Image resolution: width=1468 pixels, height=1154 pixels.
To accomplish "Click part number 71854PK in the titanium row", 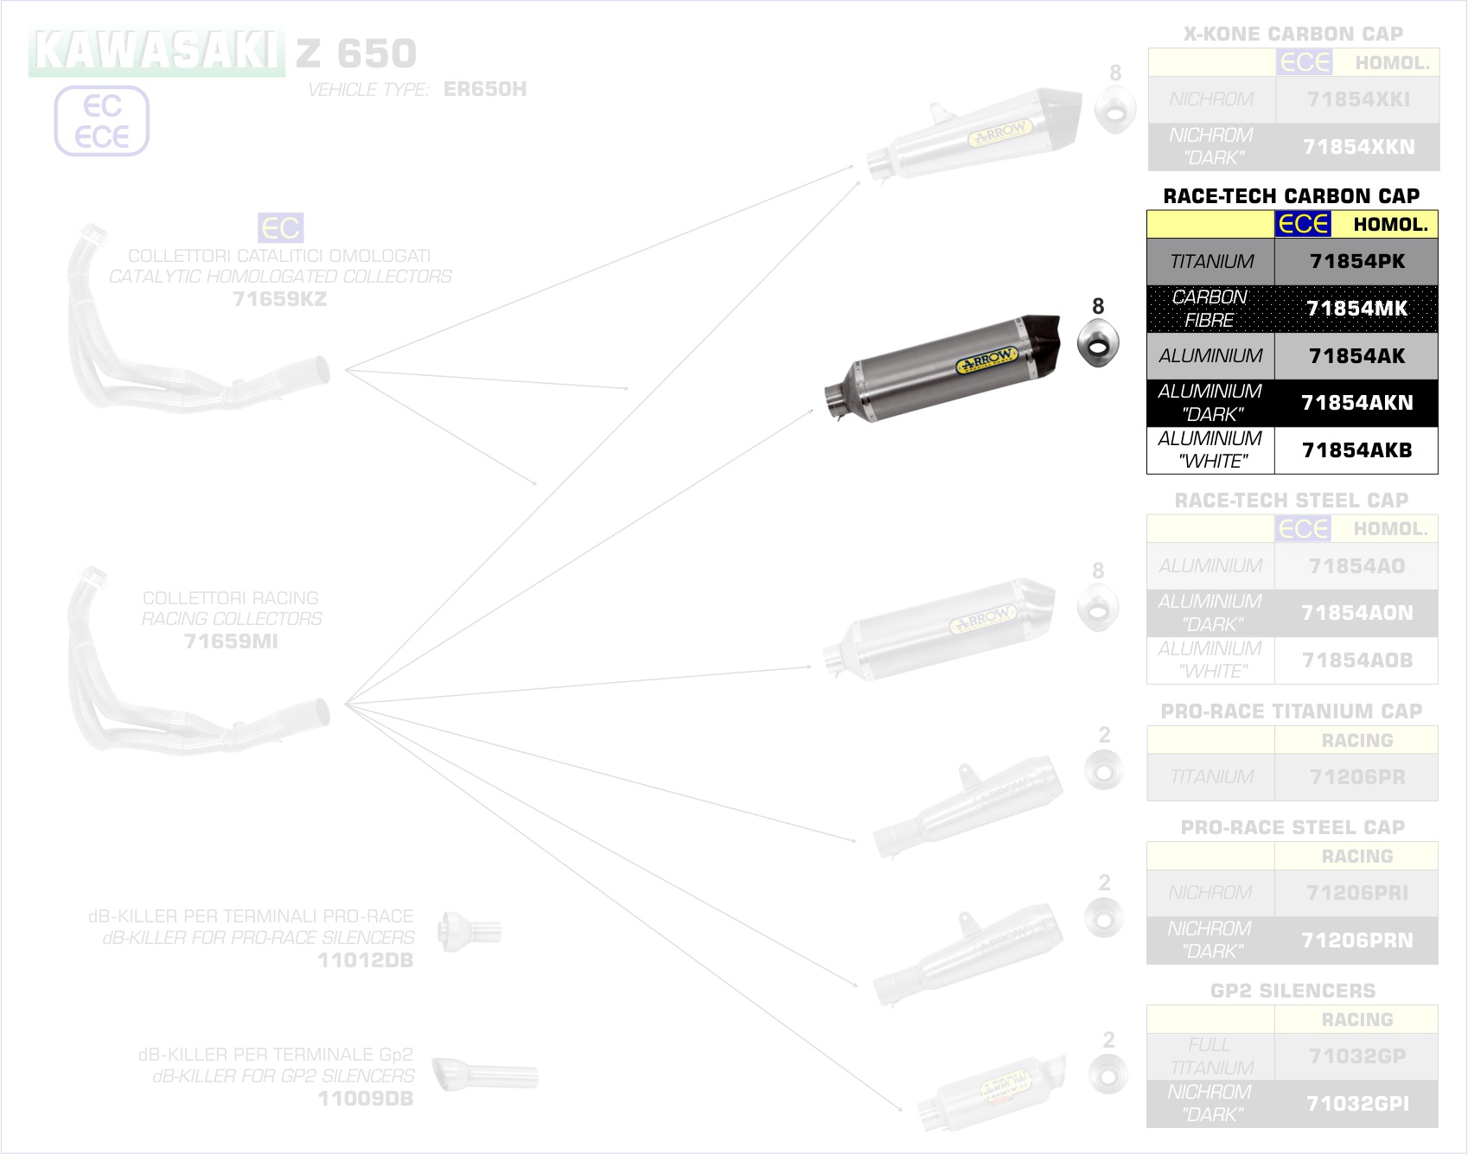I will [1356, 261].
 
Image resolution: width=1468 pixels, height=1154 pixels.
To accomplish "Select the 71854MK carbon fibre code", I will [1356, 309].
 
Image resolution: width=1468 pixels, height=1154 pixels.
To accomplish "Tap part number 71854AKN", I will [1356, 403].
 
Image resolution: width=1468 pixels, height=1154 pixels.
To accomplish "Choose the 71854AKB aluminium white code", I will [1356, 450].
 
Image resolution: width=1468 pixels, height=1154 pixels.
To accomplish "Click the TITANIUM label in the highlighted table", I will [1211, 261].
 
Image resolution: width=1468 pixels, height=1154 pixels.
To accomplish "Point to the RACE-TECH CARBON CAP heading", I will [1291, 196].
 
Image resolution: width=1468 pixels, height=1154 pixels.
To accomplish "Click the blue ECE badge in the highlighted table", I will [1303, 224].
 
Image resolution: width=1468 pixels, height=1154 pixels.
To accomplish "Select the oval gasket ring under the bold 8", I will [1098, 343].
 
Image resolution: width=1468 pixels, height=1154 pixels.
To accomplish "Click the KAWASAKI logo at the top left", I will [156, 52].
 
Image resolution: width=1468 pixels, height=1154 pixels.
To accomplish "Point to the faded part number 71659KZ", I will [279, 299].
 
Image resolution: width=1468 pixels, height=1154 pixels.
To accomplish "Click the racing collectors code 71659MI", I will [231, 641].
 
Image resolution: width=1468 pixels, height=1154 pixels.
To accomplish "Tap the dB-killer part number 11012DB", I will [365, 960].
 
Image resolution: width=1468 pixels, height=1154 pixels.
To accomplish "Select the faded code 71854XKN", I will [1358, 147].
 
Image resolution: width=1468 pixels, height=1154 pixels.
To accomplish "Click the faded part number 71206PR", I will [1356, 777].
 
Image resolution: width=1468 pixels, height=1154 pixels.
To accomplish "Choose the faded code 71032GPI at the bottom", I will [1356, 1104].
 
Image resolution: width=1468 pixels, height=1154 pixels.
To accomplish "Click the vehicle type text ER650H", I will [484, 89].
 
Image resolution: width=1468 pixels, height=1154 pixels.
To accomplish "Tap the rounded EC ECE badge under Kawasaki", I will [102, 121].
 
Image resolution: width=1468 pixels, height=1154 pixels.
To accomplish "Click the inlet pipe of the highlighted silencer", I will [836, 402].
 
